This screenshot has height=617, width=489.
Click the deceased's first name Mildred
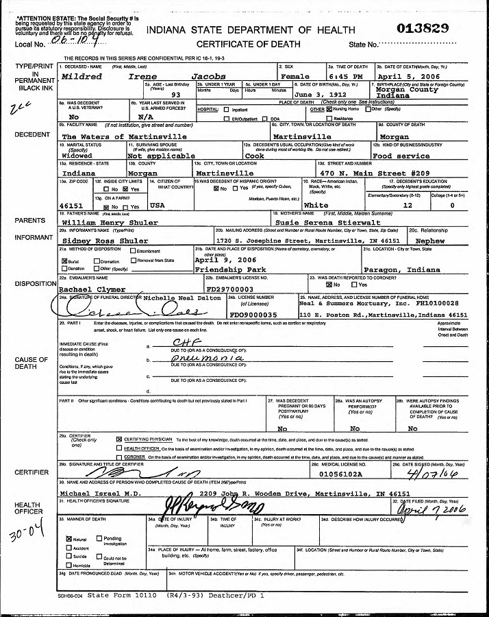tap(81, 77)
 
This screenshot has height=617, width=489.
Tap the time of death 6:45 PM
tap(349, 77)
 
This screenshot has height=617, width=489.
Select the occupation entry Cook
tap(255, 156)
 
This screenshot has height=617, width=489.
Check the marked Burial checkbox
tap(64, 261)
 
